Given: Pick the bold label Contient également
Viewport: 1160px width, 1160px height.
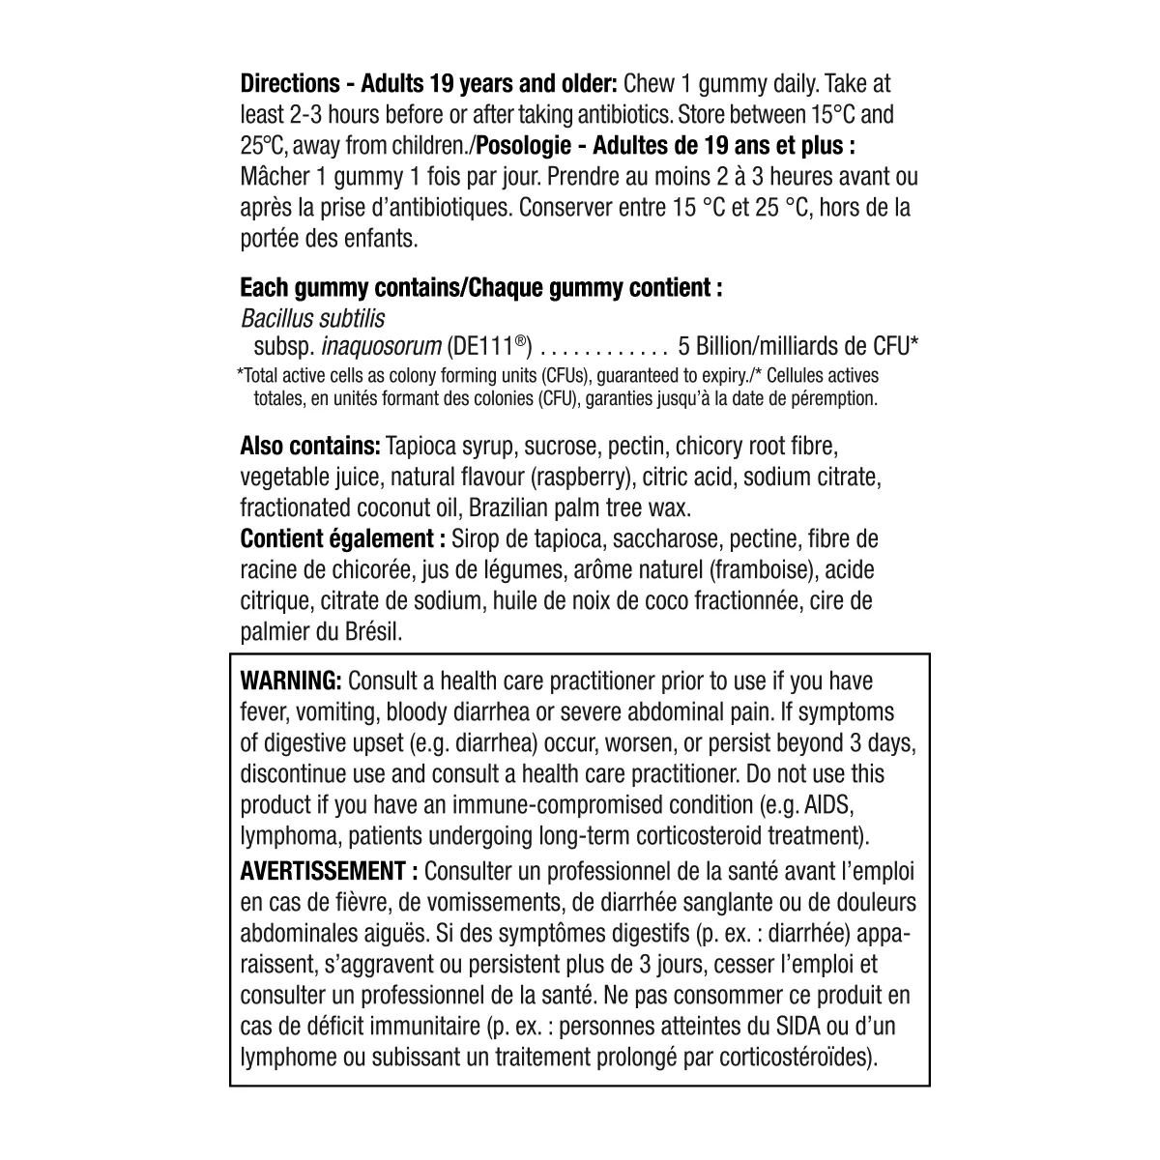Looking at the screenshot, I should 342,539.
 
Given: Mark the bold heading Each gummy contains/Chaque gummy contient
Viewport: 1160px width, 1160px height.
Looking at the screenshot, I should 480,288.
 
